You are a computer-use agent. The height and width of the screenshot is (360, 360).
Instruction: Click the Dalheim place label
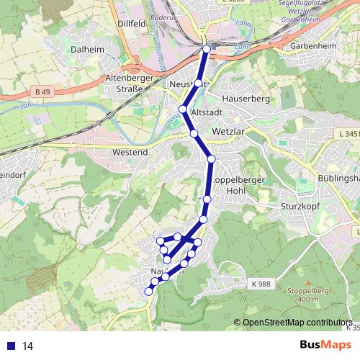pyautogui.click(x=88, y=50)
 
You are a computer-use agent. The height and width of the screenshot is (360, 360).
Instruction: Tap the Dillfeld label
pyautogui.click(x=132, y=24)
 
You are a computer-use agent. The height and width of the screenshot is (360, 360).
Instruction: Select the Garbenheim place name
pyautogui.click(x=314, y=46)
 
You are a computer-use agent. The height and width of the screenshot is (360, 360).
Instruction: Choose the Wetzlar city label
pyautogui.click(x=230, y=132)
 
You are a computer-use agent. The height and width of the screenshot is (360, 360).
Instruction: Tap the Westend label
pyautogui.click(x=130, y=153)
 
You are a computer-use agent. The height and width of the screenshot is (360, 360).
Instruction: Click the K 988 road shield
pyautogui.click(x=261, y=284)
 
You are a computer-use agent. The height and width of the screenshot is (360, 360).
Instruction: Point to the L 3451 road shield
pyautogui.click(x=348, y=134)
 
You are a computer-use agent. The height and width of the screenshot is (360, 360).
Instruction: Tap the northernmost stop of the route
pyautogui.click(x=207, y=49)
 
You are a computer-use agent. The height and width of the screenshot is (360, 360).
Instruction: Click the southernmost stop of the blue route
pyautogui.click(x=149, y=291)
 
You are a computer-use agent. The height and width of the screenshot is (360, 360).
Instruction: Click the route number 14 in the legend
pyautogui.click(x=28, y=346)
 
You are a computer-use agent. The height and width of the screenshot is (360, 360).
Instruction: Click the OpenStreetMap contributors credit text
pyautogui.click(x=297, y=323)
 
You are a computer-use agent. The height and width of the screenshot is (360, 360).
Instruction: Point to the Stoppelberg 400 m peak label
pyautogui.click(x=302, y=295)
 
